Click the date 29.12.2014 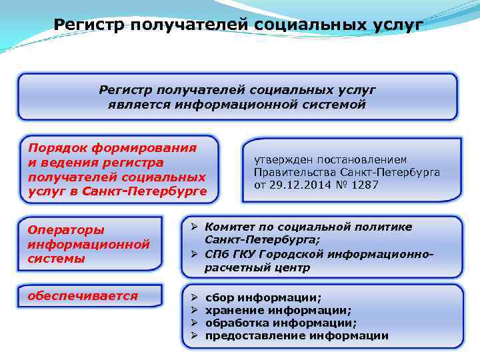297,185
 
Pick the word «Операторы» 65,230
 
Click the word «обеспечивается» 82,295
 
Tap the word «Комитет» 229,227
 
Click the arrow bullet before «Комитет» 189,227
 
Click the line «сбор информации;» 263,297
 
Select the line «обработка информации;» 281,323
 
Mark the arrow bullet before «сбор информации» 189,297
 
